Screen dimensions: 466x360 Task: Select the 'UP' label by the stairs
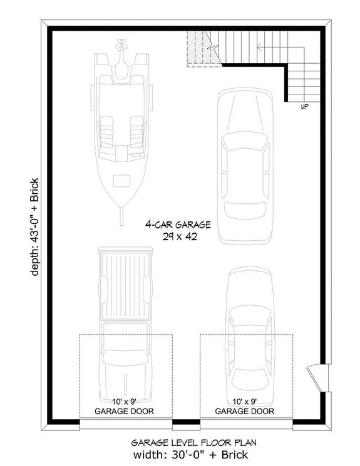point(304,107)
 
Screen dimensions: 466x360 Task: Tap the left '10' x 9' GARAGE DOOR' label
point(125,406)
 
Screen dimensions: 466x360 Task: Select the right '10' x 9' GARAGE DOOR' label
point(245,406)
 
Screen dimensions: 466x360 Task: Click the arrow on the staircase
point(258,48)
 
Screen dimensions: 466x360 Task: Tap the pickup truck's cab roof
point(125,357)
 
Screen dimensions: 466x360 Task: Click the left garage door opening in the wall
point(125,424)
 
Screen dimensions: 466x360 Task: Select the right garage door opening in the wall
point(246,424)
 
